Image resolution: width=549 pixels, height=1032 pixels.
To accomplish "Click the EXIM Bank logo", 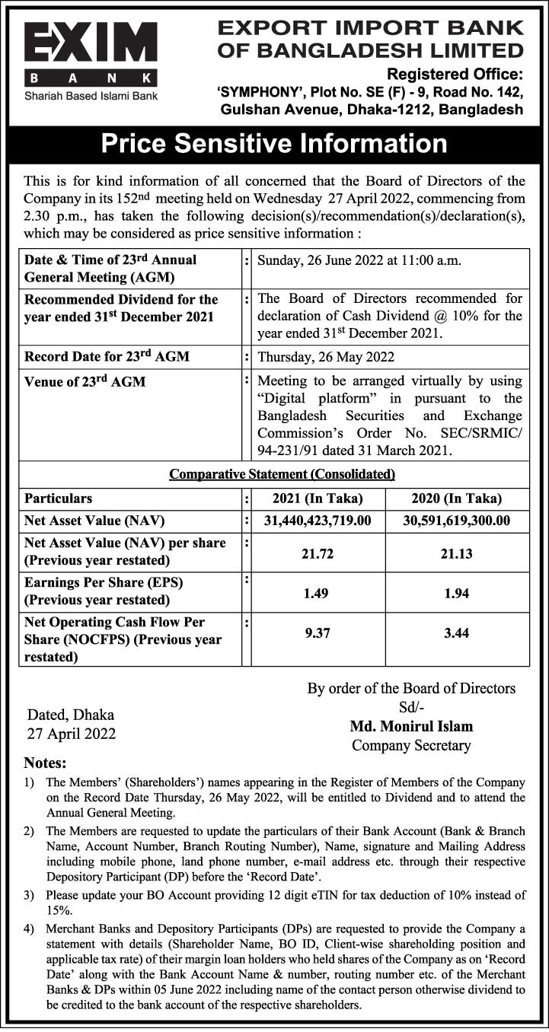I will [x=91, y=53].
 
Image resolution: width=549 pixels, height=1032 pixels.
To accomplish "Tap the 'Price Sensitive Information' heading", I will [x=274, y=144].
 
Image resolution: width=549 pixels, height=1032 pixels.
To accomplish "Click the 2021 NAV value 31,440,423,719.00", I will [x=317, y=521].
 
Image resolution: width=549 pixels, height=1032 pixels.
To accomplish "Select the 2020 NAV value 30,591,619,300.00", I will [x=457, y=521].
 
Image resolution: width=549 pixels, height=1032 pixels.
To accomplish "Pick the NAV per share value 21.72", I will [x=317, y=553].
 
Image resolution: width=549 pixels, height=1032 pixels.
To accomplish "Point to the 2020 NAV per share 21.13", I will [x=457, y=553].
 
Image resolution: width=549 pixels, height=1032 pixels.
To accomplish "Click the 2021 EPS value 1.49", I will [x=317, y=593].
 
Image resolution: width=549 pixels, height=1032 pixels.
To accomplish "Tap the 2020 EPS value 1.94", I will [x=457, y=593].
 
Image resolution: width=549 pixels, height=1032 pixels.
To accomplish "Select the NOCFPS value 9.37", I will [x=317, y=633].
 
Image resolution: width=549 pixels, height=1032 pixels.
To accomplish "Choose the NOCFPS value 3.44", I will [x=457, y=633].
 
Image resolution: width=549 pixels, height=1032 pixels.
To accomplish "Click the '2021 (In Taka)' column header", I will [x=317, y=499].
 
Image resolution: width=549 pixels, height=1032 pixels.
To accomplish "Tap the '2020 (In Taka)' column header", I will [x=457, y=499].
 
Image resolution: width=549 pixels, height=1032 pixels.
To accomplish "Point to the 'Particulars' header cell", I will [x=59, y=499].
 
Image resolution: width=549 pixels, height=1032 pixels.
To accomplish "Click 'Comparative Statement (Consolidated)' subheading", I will [x=282, y=474].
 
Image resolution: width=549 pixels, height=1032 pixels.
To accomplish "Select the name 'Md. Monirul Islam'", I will [x=411, y=726].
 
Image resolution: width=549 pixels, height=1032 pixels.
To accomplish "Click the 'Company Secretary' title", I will [x=411, y=746].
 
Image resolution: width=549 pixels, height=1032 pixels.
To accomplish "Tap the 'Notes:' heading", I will [x=46, y=763].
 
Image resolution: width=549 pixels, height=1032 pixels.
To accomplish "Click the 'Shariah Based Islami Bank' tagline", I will [x=91, y=96].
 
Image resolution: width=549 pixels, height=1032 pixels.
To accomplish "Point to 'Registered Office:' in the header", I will [x=455, y=74].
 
